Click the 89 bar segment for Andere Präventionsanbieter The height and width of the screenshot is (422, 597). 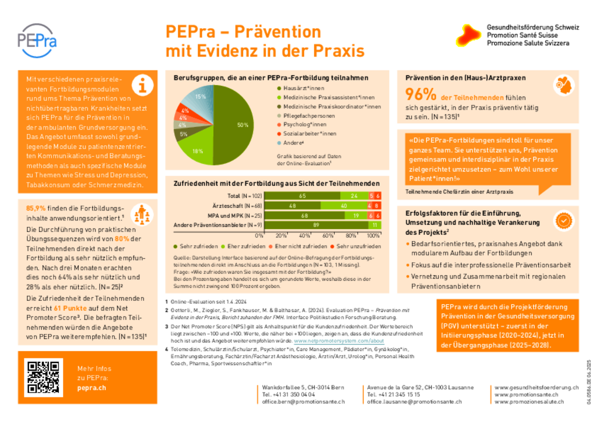[315, 225]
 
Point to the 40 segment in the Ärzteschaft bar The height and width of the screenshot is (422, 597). [344, 206]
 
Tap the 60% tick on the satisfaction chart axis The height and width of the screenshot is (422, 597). [327, 235]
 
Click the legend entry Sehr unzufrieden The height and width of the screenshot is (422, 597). [355, 247]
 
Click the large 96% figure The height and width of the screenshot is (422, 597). [421, 94]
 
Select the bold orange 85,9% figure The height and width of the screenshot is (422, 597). [37, 208]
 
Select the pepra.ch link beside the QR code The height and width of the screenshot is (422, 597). [91, 388]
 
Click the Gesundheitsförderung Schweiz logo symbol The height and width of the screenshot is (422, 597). [469, 35]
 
